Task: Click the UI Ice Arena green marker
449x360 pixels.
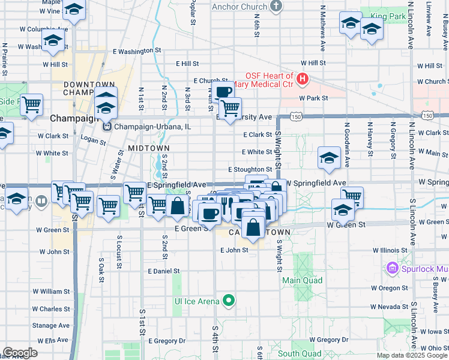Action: tap(228, 301)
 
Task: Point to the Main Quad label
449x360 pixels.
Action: tap(302, 280)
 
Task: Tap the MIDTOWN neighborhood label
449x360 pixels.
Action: tap(148, 148)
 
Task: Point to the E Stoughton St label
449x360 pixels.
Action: tap(250, 170)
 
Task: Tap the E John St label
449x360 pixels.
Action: tap(234, 250)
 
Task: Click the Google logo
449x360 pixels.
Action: tap(19, 353)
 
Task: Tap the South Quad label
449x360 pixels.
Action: tap(297, 353)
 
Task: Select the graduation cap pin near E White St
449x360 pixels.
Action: tap(329, 158)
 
